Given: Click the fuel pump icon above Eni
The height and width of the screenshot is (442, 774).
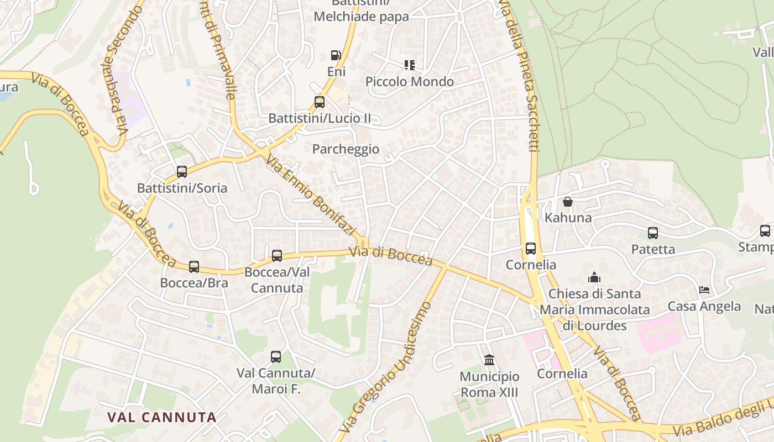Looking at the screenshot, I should tap(336, 55).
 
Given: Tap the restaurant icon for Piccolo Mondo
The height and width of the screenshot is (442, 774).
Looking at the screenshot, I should tap(409, 65).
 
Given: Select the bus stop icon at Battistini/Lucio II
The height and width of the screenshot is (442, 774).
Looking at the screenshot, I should tap(320, 102).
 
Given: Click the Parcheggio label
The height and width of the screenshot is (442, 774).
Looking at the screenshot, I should tap(346, 149).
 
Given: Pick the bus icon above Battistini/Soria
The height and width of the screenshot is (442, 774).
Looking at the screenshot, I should tap(182, 172).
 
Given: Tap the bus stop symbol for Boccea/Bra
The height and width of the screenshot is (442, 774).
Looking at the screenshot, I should tap(194, 267).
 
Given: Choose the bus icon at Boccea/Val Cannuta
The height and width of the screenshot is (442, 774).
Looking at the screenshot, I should tap(277, 256).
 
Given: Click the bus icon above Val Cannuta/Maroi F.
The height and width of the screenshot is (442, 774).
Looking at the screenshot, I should tap(276, 357).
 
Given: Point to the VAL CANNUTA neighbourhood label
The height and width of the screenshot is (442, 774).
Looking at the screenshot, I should tap(162, 417).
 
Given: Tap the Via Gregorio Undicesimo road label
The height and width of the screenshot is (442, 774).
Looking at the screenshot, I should tap(386, 368).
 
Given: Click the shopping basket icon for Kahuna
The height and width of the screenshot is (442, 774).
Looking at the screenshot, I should tap(568, 202).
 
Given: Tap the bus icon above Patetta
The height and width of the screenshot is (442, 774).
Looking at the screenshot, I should tap(653, 233).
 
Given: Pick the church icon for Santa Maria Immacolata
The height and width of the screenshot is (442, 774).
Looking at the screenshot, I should tap(594, 277).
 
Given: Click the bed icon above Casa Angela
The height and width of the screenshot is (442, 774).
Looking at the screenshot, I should tap(704, 290).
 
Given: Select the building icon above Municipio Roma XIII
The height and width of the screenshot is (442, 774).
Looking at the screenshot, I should tap(489, 360).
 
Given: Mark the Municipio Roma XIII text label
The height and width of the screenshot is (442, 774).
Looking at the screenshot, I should tap(489, 385).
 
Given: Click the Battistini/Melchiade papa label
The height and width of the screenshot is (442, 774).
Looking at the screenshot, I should tap(361, 11).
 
